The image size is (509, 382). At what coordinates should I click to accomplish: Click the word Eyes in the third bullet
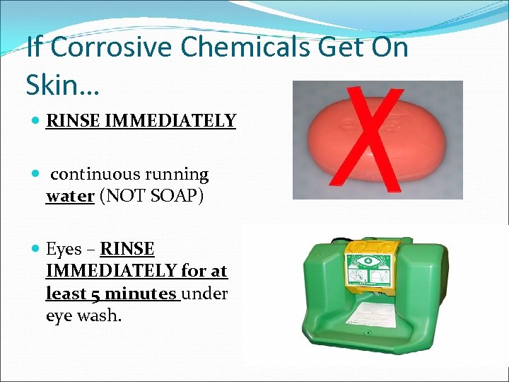(x=62, y=249)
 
